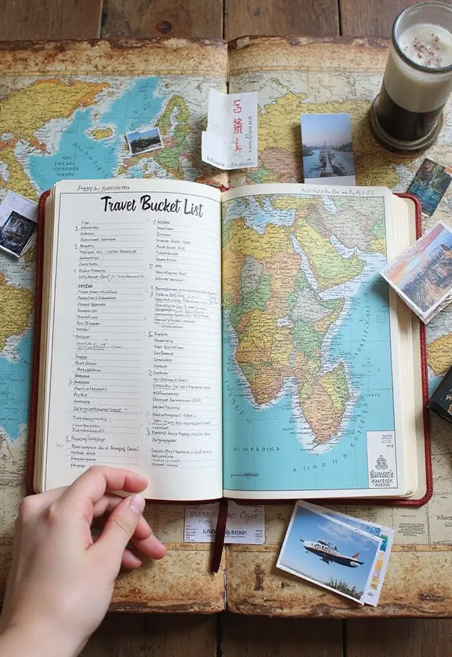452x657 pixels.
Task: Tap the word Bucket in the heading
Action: pos(161,207)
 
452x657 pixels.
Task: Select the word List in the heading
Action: pos(193,209)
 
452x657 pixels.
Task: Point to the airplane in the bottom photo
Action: pos(330,551)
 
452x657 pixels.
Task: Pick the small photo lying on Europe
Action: pos(144,141)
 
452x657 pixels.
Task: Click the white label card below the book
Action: pos(224,524)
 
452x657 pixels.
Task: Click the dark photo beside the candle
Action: pos(430,185)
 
